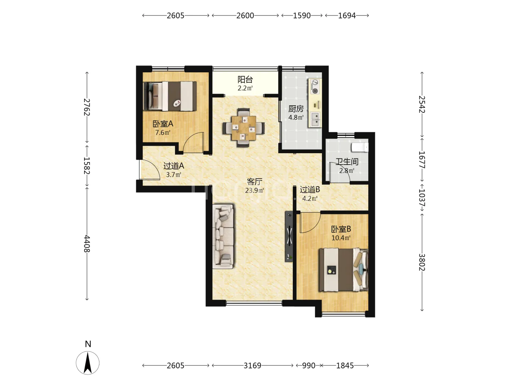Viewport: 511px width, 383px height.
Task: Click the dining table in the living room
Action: pos(243,128)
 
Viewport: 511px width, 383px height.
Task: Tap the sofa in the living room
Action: pos(223,237)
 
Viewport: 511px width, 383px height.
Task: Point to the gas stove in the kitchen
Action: pos(315,87)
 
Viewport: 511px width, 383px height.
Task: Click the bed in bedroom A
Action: pos(170,96)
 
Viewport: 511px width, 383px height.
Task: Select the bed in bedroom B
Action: pos(344,270)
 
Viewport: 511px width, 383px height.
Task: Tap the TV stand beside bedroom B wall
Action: pos(289,236)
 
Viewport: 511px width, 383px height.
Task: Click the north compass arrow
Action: pos(88,363)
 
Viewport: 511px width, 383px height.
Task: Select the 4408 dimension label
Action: pos(87,244)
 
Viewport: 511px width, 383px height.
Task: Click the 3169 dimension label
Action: pos(252,366)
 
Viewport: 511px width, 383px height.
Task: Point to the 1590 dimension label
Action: pos(302,16)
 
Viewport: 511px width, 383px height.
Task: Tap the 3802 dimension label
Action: pos(422,262)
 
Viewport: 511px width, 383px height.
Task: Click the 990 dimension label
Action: pos(309,366)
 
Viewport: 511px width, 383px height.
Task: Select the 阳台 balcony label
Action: pos(245,80)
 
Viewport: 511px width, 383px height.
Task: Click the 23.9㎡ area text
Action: pos(254,190)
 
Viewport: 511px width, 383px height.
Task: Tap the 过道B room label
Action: pos(310,190)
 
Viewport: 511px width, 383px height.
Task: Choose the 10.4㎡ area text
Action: pos(341,238)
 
